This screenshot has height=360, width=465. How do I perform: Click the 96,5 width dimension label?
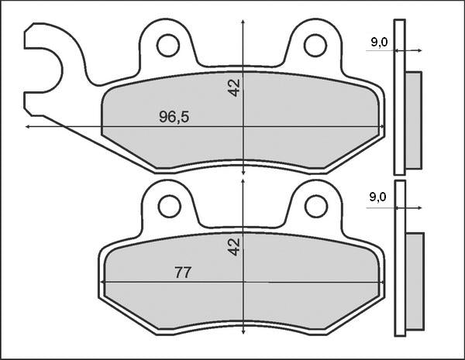[x=174, y=117]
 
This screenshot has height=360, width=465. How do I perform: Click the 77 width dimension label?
[x=183, y=273]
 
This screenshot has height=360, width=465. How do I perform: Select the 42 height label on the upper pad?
[x=234, y=87]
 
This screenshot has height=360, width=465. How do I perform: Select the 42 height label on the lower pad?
[x=234, y=246]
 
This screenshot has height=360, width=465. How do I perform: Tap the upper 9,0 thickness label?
[x=379, y=43]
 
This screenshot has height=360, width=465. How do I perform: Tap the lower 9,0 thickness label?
[x=378, y=197]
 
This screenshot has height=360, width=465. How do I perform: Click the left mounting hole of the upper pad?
[x=167, y=46]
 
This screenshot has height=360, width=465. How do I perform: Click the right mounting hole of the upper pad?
[x=315, y=46]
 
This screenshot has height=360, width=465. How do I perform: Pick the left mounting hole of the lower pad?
[x=168, y=206]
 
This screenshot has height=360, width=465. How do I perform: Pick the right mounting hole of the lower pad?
[x=315, y=206]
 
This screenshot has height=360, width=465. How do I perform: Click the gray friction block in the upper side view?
[x=414, y=120]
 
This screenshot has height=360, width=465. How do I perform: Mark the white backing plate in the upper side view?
[x=399, y=97]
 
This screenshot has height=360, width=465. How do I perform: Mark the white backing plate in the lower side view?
[x=399, y=259]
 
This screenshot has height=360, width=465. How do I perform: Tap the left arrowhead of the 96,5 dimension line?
[x=29, y=126]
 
